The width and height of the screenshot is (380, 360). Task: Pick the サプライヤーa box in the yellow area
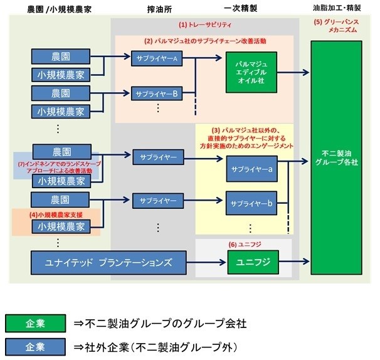pyautogui.click(x=251, y=169)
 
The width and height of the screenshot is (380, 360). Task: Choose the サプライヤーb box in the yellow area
pyautogui.click(x=251, y=203)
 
